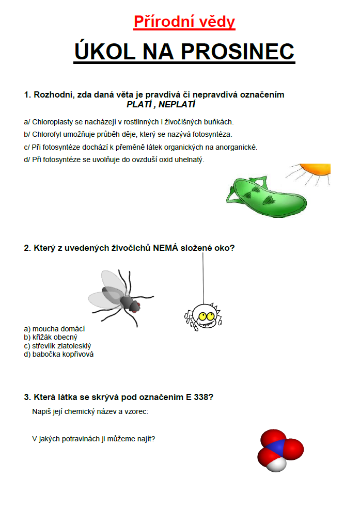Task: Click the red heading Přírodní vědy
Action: click(x=184, y=22)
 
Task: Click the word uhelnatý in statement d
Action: click(x=190, y=159)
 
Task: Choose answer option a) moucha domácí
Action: click(x=54, y=329)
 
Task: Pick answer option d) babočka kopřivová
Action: click(x=58, y=355)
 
